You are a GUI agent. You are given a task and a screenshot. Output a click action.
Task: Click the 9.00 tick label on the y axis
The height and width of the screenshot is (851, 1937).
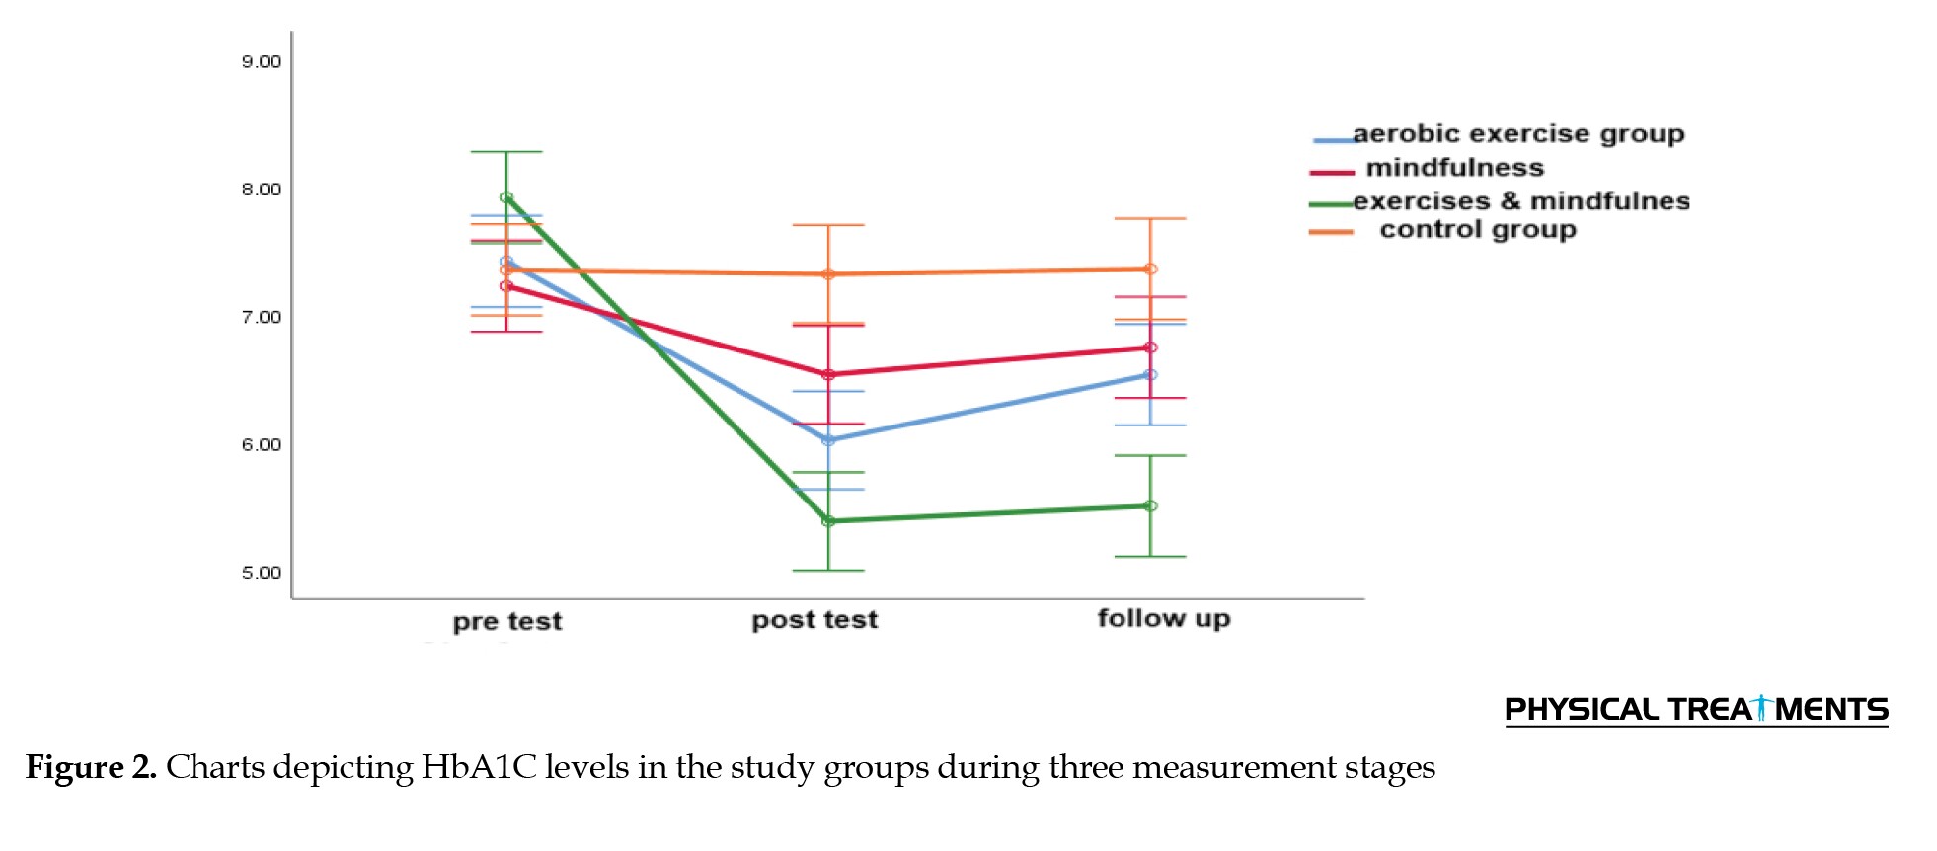(262, 62)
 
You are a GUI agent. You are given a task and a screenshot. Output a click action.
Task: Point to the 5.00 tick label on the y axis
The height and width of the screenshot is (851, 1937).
(262, 573)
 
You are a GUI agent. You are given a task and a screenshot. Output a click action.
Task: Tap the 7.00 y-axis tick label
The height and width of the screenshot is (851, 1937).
(262, 317)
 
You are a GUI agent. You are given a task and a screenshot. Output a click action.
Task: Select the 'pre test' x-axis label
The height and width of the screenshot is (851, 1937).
(507, 621)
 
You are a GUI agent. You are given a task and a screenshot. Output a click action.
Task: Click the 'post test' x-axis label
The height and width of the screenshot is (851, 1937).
(814, 619)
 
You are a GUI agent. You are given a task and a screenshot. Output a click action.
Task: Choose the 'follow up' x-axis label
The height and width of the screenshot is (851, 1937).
(1164, 618)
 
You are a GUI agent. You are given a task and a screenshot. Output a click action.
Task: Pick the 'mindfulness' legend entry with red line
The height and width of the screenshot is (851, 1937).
(1454, 168)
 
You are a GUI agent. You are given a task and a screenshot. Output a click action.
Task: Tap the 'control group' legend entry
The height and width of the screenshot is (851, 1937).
(1477, 230)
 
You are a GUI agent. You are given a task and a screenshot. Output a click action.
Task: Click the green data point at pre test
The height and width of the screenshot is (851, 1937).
(506, 197)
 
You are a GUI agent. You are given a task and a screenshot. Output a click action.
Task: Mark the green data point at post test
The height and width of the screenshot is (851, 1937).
(828, 521)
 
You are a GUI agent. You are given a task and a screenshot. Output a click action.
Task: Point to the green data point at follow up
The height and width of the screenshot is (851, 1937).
(1150, 506)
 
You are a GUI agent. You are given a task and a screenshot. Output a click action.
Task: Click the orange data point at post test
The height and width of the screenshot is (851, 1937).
(828, 274)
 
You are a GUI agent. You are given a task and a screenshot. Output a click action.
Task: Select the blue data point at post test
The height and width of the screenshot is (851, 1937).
(828, 440)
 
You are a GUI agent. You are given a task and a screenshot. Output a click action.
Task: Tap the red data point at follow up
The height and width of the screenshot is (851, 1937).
(1150, 348)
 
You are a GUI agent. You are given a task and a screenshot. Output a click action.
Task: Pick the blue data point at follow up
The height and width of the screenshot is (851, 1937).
(1150, 375)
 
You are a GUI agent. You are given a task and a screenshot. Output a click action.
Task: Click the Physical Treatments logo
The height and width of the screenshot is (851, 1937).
(1695, 709)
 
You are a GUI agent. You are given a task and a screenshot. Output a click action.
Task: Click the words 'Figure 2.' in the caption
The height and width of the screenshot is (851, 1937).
(91, 767)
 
